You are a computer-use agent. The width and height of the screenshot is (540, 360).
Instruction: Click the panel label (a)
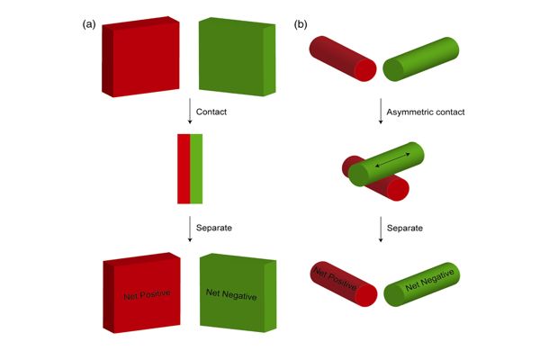point(89,25)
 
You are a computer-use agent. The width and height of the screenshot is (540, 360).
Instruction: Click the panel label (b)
point(300,25)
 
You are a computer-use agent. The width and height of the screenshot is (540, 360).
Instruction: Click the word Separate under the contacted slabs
point(216,227)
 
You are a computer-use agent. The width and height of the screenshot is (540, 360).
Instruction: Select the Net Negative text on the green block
point(232,293)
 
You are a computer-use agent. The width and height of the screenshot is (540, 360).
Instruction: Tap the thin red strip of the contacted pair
point(184,168)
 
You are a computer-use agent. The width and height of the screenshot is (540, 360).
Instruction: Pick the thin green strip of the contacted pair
point(196,168)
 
